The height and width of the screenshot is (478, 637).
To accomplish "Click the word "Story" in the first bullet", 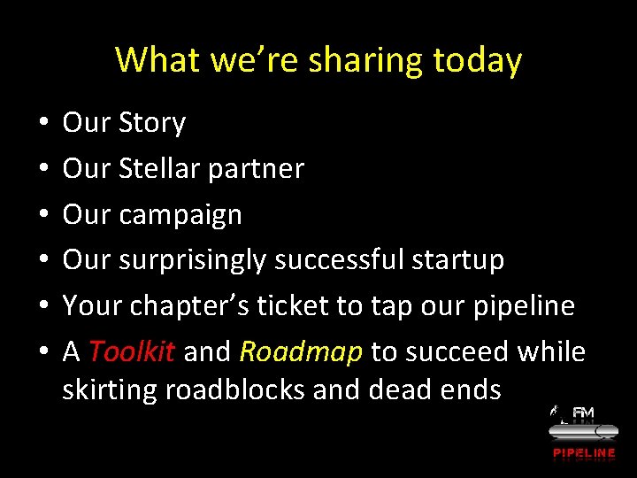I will coord(151,123).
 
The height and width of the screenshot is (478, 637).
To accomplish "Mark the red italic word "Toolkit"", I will coord(132,352).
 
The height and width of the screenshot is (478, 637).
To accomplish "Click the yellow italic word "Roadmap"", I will coord(301,352).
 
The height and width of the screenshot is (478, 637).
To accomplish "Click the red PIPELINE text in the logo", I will coord(584,453).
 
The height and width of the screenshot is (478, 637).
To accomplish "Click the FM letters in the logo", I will coord(584,413).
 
